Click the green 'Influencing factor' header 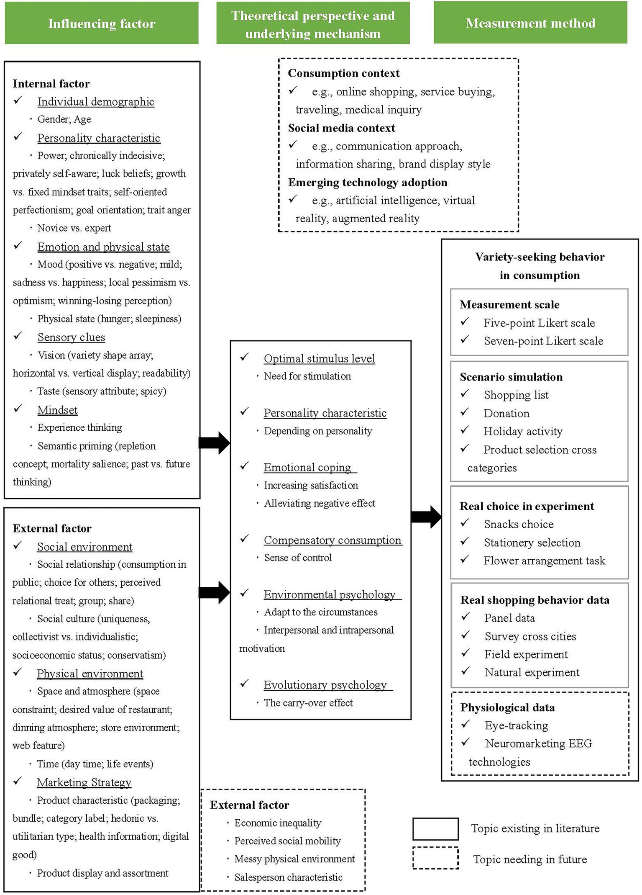[102, 23]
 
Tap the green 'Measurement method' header [530, 23]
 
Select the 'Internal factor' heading [51, 84]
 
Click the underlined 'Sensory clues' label [71, 337]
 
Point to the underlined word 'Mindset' [57, 410]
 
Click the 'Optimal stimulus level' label [319, 359]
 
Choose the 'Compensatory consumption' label [333, 540]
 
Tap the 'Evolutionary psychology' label [325, 685]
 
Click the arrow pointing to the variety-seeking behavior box [426, 517]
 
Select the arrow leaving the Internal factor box [214, 442]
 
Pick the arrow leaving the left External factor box [214, 592]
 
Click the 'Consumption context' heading [343, 73]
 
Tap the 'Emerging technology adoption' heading [367, 183]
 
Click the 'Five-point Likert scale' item [539, 323]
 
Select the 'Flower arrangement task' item [544, 561]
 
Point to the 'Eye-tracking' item [516, 725]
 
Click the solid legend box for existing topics [435, 829]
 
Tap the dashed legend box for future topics [435, 858]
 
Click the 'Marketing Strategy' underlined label [84, 782]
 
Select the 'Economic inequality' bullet [278, 823]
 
